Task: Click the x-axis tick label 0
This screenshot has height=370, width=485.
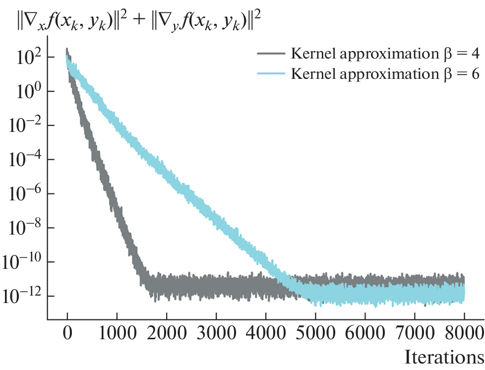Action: (x=67, y=331)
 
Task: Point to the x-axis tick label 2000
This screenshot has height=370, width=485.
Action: (x=167, y=331)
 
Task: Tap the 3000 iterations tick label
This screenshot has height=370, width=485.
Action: (x=216, y=331)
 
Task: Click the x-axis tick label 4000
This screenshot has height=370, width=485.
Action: (x=266, y=331)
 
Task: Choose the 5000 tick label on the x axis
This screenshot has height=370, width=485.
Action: (x=315, y=331)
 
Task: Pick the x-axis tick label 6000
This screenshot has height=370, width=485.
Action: (x=365, y=331)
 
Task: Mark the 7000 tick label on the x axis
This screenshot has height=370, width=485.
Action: (x=415, y=331)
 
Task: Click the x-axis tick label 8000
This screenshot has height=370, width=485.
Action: (x=464, y=331)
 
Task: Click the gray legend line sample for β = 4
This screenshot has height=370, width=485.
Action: (x=271, y=53)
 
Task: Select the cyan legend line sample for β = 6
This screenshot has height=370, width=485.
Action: (x=271, y=73)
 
